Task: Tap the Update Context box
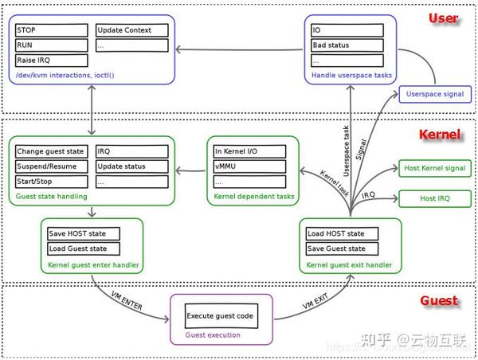tap(132, 30)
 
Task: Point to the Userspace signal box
tap(434, 94)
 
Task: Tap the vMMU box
tap(248, 166)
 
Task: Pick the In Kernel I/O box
tap(248, 151)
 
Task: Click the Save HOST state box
tap(84, 233)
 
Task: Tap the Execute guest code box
tap(220, 316)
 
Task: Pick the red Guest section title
tap(438, 300)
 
